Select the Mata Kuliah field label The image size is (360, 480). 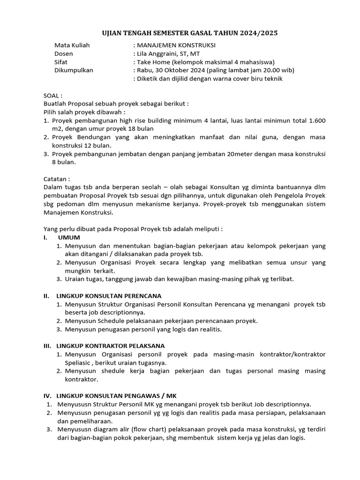click(x=72, y=45)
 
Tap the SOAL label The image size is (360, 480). click(x=52, y=96)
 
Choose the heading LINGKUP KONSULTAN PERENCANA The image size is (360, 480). click(x=109, y=296)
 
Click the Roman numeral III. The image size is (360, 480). click(x=47, y=346)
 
